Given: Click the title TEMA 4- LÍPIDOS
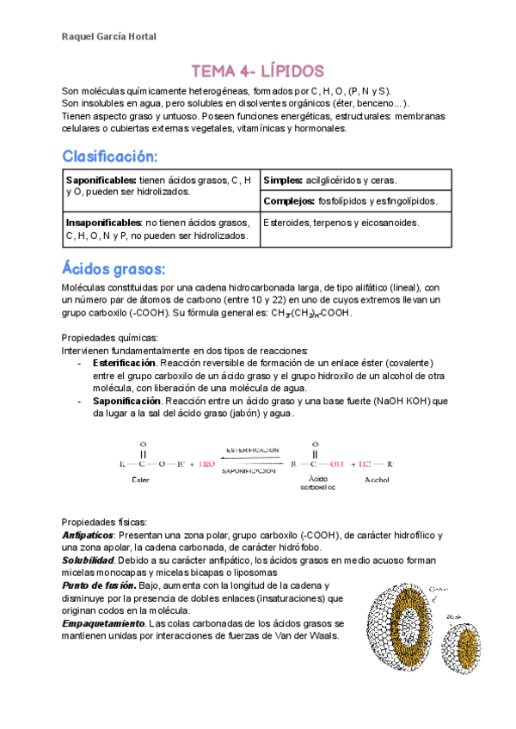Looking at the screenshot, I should coord(257,70).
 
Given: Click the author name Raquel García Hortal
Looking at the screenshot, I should coord(109,36).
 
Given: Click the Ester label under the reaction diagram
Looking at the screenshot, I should coord(140,479).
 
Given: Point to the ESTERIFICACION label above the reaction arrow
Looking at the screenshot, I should coord(252,450).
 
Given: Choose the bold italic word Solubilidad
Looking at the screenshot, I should coord(90,560).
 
